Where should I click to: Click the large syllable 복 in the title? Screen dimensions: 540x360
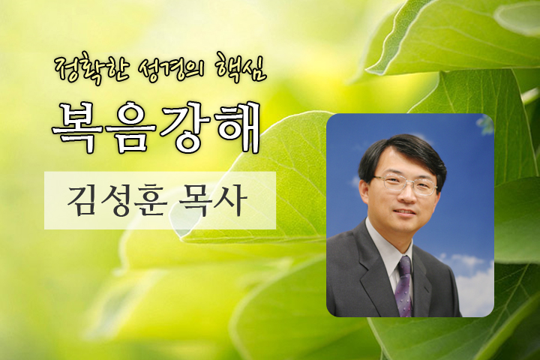pos(77,127)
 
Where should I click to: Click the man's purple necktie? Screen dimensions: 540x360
pos(405,286)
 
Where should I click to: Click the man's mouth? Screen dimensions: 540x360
pos(406,212)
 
